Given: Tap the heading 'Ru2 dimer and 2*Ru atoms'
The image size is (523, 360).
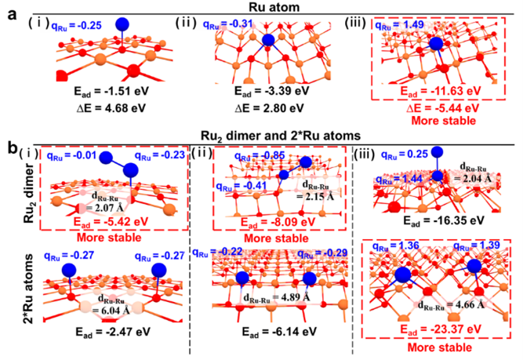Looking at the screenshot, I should click(262, 135).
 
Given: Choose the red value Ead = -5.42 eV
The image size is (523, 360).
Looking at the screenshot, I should click(117, 223).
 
